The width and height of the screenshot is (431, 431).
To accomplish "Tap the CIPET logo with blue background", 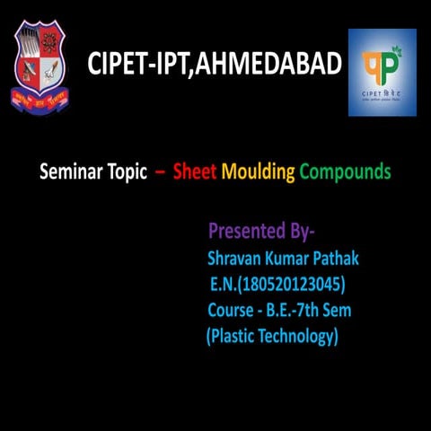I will click(382, 72).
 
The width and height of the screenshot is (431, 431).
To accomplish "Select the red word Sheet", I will click(195, 172).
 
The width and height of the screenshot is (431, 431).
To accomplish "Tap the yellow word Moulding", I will click(259, 172).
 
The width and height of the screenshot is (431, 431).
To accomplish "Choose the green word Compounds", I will click(345, 172).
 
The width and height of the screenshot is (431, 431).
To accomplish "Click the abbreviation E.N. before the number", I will click(224, 285).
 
